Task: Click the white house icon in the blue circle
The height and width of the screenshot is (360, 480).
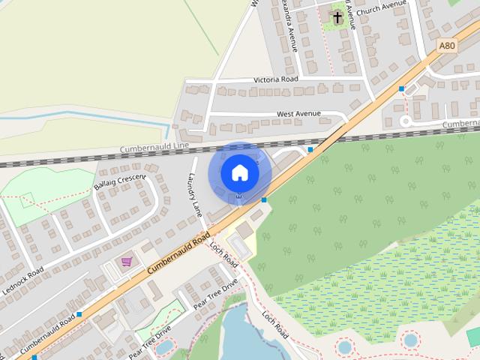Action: pyautogui.click(x=239, y=172)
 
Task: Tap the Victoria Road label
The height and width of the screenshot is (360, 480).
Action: pyautogui.click(x=276, y=79)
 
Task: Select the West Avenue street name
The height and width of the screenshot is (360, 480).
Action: pyautogui.click(x=298, y=114)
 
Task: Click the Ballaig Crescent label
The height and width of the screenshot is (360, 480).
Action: pyautogui.click(x=119, y=176)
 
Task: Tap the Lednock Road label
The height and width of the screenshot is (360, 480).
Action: pyautogui.click(x=26, y=280)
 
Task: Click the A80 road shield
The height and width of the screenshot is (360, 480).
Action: pyautogui.click(x=447, y=46)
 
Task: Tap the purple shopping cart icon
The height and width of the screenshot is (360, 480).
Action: pyautogui.click(x=127, y=262)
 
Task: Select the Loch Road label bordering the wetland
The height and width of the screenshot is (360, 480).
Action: pyautogui.click(x=274, y=322)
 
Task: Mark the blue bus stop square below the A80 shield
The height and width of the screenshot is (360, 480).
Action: pyautogui.click(x=402, y=88)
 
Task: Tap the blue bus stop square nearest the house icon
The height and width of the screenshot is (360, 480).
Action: pyautogui.click(x=265, y=199)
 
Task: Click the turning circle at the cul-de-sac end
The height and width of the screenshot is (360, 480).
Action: pyautogui.click(x=406, y=121)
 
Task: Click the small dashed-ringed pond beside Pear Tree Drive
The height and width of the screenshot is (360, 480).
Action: pyautogui.click(x=163, y=346)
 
